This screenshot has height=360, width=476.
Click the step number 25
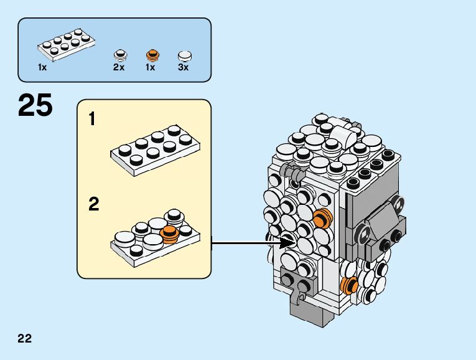(x=35, y=105)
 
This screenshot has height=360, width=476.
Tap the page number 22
(x=25, y=339)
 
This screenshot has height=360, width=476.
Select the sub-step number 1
(x=93, y=118)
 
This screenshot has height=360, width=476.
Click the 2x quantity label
(x=119, y=67)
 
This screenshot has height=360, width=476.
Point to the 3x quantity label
(x=183, y=67)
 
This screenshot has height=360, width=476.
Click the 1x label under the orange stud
(x=150, y=67)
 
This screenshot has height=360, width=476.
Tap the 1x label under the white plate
(x=42, y=67)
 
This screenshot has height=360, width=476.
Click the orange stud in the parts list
(x=151, y=54)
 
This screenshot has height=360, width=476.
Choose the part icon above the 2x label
(x=119, y=54)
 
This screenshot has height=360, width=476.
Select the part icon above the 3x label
(x=184, y=55)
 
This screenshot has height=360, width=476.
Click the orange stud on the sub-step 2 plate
(x=169, y=233)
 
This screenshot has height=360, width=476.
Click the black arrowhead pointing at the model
(x=287, y=242)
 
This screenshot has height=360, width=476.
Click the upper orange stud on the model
(x=322, y=219)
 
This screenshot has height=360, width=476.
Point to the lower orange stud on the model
(x=350, y=284)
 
